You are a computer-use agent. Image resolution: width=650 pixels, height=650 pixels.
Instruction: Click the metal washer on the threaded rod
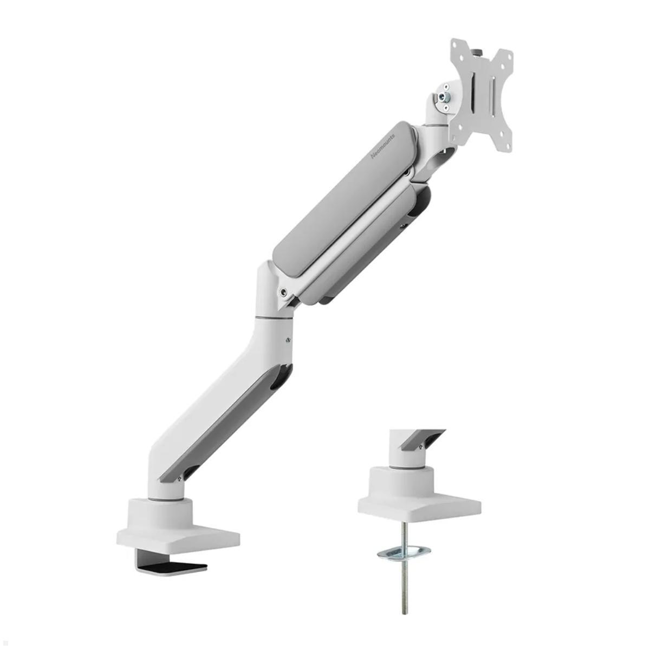(404, 553)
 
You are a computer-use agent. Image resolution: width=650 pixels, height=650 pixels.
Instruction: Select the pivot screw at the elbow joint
(283, 292)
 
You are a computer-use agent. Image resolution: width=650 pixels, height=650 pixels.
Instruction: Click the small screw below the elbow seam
(288, 340)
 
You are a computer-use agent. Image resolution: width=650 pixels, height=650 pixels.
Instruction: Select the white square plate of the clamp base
(179, 534)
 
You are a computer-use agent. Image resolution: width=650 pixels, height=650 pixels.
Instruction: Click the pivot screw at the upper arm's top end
(406, 173)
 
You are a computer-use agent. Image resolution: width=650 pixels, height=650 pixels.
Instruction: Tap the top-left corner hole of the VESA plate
(457, 46)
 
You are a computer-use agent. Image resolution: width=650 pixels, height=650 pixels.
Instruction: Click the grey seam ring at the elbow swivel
(274, 316)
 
